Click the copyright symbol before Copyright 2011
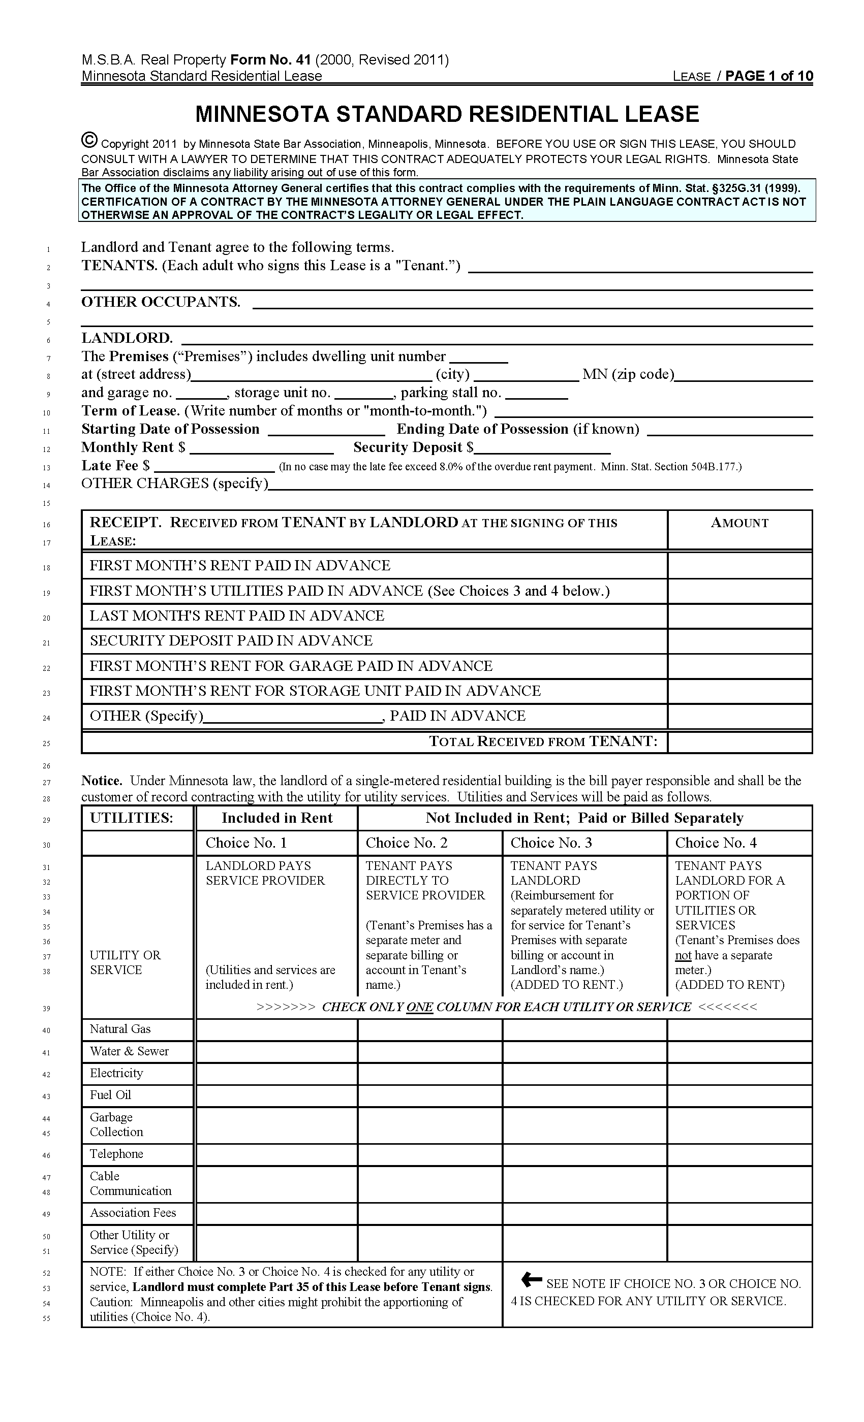pyautogui.click(x=89, y=141)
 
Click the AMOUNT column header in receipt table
pyautogui.click(x=739, y=523)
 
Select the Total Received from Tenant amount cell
pyautogui.click(x=739, y=742)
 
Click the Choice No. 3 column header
pyautogui.click(x=551, y=843)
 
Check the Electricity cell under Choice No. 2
pyautogui.click(x=429, y=1074)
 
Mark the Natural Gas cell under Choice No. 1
pyautogui.click(x=276, y=1029)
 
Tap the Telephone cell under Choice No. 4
pyautogui.click(x=739, y=1154)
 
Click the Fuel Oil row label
pyautogui.click(x=110, y=1095)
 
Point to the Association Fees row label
pyautogui.click(x=133, y=1213)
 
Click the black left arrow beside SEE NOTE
pyautogui.click(x=531, y=1280)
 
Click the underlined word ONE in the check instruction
pyautogui.click(x=419, y=1007)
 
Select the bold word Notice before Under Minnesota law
pyautogui.click(x=102, y=781)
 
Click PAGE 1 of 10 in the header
pyautogui.click(x=769, y=76)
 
